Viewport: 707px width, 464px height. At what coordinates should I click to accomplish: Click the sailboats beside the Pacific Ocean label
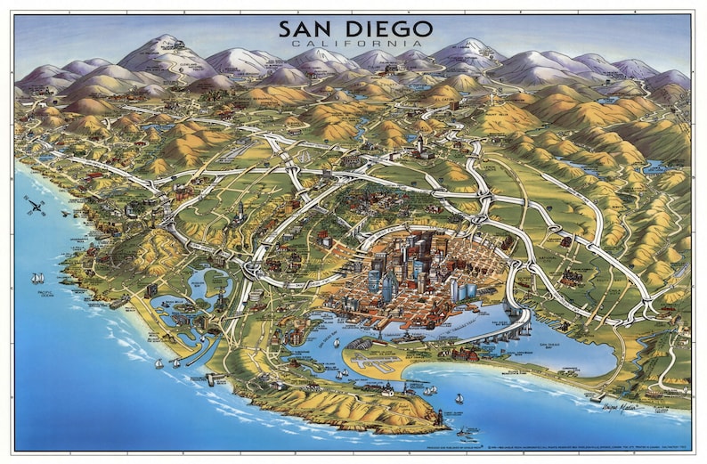pyautogui.click(x=37, y=279)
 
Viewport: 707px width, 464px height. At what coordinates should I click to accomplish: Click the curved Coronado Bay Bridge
pyautogui.click(x=500, y=331)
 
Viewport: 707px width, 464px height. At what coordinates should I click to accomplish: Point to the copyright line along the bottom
pyautogui.click(x=499, y=443)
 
